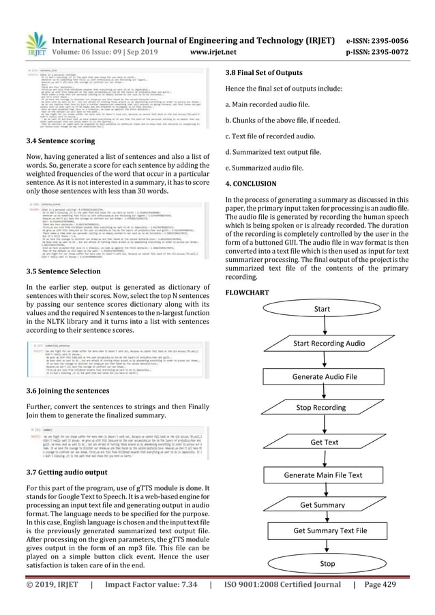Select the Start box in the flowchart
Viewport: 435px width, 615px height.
tap(329, 309)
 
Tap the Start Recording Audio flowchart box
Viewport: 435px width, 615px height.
tap(329, 342)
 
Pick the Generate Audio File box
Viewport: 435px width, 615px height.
tap(329, 376)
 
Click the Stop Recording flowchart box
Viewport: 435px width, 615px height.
tap(329, 408)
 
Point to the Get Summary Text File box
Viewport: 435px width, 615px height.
tap(329, 530)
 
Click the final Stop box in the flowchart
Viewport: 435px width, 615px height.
tap(329, 564)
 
